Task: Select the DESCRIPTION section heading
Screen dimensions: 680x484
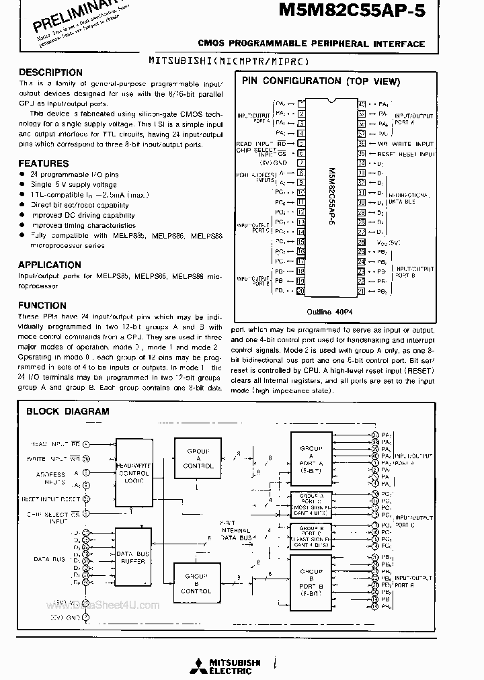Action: point(50,73)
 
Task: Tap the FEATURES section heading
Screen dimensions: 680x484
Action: point(44,163)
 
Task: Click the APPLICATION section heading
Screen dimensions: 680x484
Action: point(50,265)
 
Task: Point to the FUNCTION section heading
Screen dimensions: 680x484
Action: point(42,305)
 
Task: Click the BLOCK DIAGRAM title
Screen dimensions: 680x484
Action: point(67,411)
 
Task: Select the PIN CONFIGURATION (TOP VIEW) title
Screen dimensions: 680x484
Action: point(321,81)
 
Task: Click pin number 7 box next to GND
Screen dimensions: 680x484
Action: point(301,163)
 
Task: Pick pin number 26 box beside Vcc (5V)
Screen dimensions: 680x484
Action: point(362,242)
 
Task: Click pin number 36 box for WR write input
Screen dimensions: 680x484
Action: point(362,144)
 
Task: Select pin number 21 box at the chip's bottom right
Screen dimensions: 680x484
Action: point(362,291)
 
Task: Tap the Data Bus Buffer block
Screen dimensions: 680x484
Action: point(133,556)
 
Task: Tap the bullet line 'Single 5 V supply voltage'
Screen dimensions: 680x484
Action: point(74,184)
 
